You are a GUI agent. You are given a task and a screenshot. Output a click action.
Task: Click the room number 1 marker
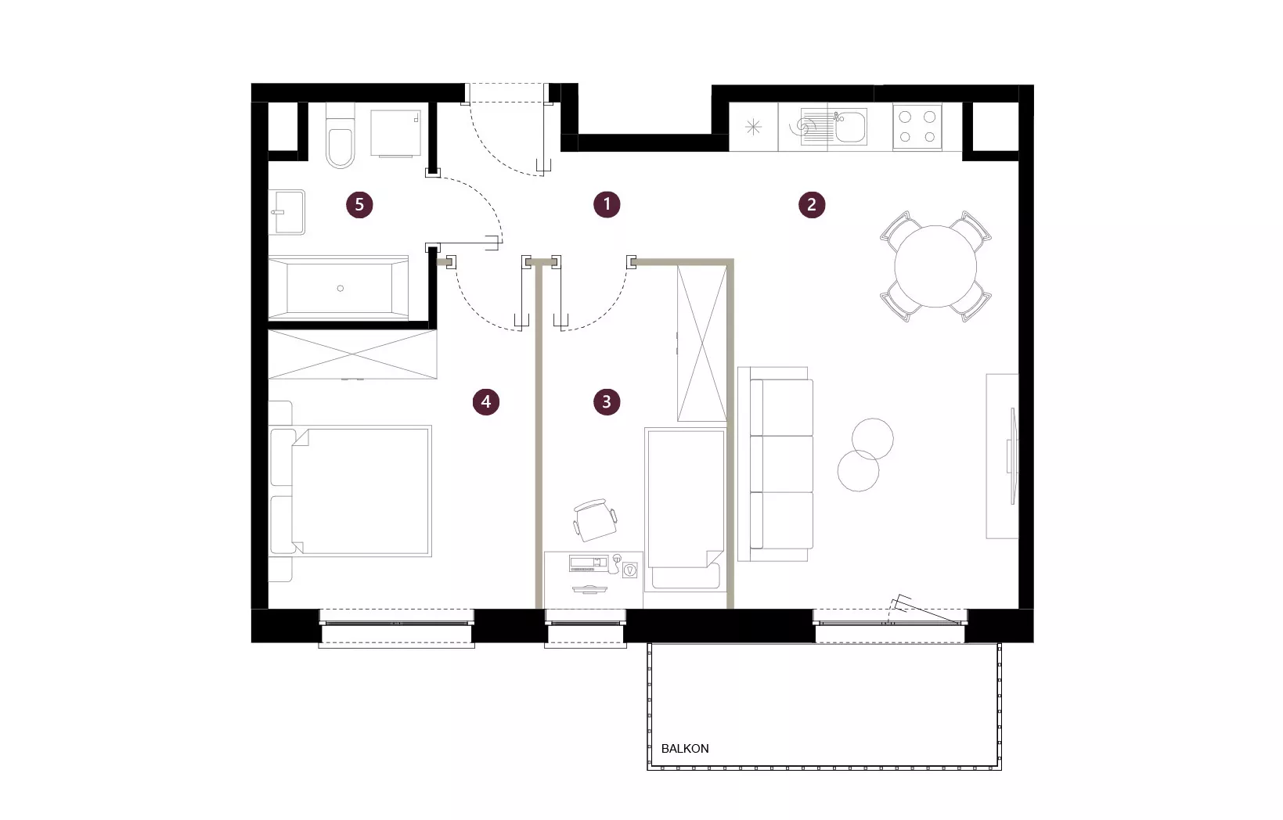point(607,204)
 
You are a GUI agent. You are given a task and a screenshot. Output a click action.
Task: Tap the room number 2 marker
point(812,204)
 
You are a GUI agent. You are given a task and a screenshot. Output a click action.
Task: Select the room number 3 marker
point(607,401)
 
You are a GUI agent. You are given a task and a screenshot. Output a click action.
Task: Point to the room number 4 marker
point(485,401)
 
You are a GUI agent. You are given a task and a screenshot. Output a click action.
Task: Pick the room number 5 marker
point(359,204)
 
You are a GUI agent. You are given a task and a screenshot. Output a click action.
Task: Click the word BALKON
point(685,749)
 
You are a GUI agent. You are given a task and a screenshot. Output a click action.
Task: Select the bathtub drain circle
point(341,288)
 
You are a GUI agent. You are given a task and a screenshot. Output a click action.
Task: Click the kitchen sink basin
point(851,127)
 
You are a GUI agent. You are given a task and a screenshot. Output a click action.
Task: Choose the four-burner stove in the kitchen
point(917,127)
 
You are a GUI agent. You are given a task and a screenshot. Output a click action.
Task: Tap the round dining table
point(935,266)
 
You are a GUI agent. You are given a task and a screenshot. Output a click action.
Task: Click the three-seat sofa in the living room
point(776,464)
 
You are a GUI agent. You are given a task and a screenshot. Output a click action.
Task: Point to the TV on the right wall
point(1013,456)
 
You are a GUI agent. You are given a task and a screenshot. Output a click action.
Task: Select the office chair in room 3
point(595,520)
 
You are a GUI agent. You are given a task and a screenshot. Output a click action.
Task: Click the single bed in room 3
point(686,509)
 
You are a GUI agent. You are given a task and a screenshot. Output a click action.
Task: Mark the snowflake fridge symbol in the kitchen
point(753,127)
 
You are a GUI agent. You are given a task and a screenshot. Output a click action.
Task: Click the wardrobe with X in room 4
point(353,354)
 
